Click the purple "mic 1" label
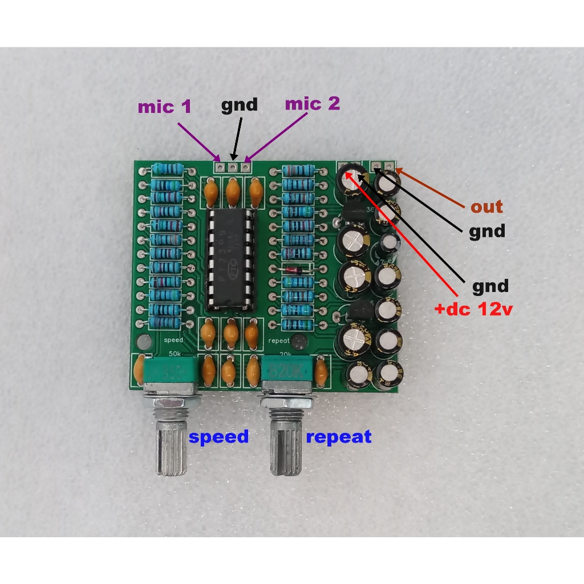tap(164, 107)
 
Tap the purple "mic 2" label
tap(312, 104)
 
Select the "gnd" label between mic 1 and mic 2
tap(239, 104)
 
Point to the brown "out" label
tap(486, 206)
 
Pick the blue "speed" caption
tap(219, 437)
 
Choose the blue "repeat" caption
tap(339, 437)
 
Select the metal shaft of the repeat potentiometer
tap(286, 445)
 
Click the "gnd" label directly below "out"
tap(486, 231)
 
